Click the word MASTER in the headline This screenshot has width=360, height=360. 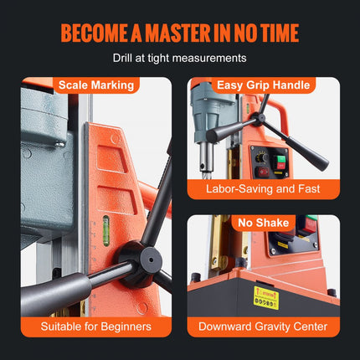(177, 33)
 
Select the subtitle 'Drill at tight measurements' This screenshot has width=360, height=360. (179, 58)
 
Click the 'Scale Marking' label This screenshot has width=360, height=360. (96, 85)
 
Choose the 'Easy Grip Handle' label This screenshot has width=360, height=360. (263, 85)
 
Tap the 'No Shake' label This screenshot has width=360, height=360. (263, 223)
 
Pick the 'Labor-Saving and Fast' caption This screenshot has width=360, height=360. (263, 189)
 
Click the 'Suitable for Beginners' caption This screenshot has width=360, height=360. (96, 327)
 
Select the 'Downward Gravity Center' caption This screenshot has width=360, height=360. (263, 327)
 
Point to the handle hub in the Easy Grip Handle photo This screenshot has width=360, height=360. (260, 119)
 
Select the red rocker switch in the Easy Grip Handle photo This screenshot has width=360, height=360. (263, 172)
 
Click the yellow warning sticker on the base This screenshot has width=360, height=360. (266, 298)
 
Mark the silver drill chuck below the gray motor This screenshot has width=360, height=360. (207, 157)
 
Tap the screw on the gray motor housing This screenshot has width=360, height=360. (59, 145)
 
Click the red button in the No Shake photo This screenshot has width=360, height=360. (311, 226)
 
